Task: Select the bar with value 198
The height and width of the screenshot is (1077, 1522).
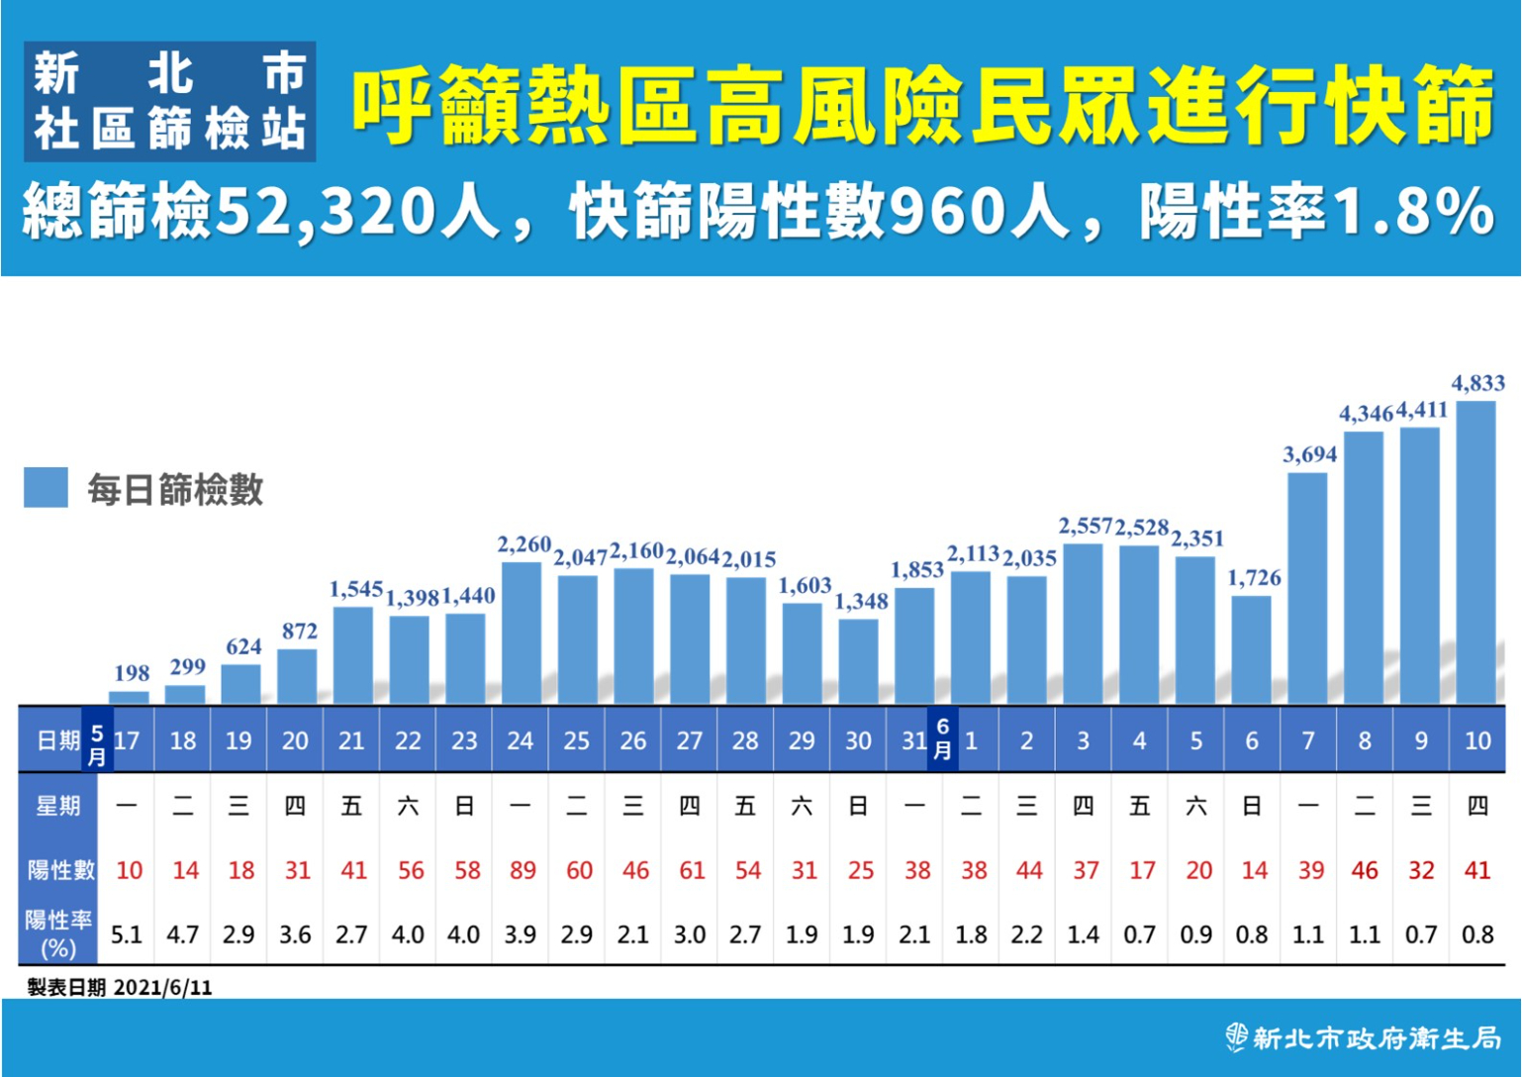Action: pos(129,697)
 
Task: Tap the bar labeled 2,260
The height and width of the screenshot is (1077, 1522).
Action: pos(522,634)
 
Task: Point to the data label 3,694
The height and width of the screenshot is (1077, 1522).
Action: pos(1309,454)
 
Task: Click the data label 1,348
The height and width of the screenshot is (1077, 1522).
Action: pos(861,601)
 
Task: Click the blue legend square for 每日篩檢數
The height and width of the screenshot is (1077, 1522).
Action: pos(46,488)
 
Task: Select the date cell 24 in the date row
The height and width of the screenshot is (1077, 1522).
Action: pos(521,740)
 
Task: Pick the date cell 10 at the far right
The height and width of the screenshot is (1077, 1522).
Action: pos(1476,740)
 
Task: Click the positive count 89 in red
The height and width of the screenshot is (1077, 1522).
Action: pos(523,870)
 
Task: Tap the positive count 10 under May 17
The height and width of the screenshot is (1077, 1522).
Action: pos(129,870)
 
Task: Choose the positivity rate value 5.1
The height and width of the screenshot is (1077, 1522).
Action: pos(127,934)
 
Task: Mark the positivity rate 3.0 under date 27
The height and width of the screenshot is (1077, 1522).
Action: pos(690,934)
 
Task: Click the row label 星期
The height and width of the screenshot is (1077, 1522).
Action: pos(58,806)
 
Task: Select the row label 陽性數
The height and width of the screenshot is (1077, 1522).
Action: pos(60,870)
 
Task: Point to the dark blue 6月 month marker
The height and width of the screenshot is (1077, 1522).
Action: pos(943,739)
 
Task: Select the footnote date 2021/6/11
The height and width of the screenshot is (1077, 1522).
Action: pos(162,987)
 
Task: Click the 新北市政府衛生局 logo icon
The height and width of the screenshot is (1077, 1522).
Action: pos(1236,1036)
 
